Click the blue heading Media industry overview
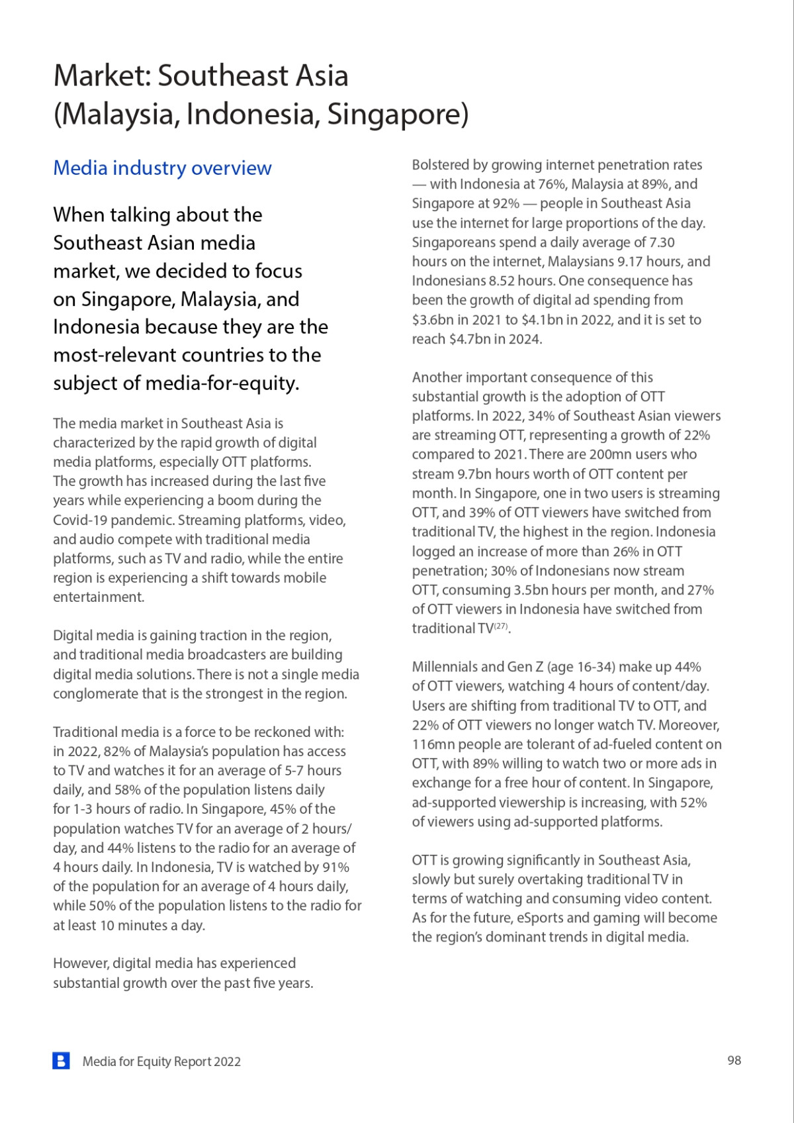[162, 168]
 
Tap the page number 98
[734, 1061]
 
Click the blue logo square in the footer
[61, 1061]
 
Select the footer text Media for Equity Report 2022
[161, 1061]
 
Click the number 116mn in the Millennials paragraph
[432, 744]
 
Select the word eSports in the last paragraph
[540, 918]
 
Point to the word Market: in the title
[101, 75]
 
